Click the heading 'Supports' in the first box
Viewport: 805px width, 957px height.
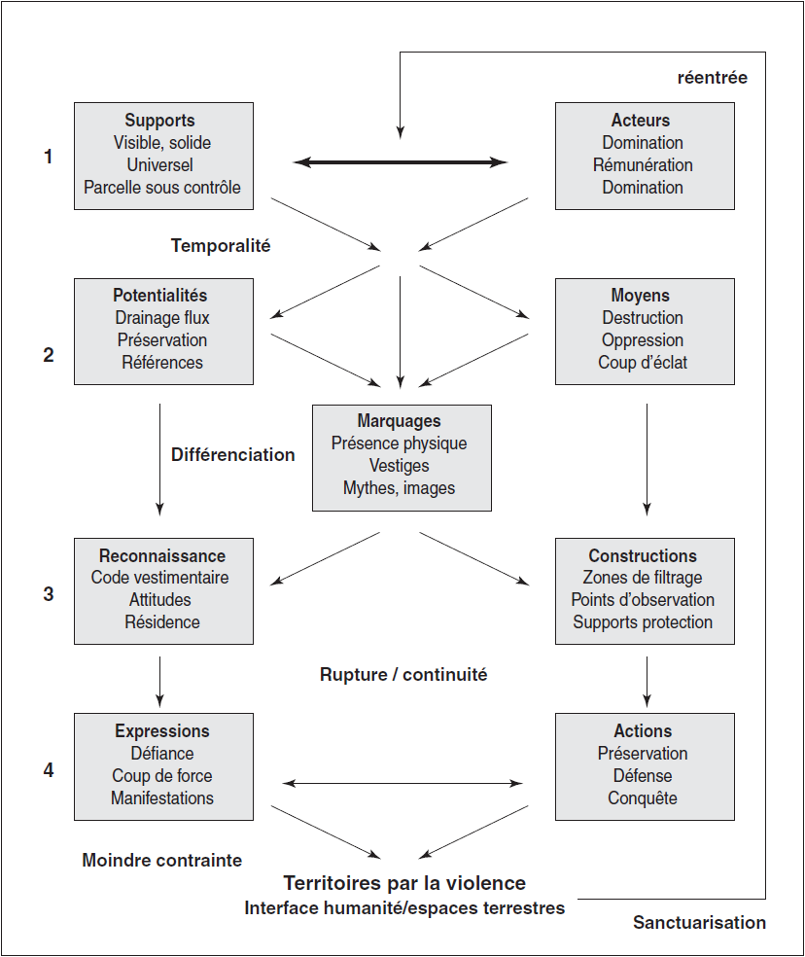[x=159, y=121]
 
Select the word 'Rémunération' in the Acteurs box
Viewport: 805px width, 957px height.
[x=643, y=164]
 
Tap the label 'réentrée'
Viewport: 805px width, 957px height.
[x=713, y=78]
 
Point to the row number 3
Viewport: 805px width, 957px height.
[x=49, y=594]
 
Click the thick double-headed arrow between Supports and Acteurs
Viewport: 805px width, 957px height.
[x=401, y=162]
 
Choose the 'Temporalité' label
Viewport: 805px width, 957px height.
[x=221, y=245]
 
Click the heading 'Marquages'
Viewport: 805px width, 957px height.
[x=400, y=421]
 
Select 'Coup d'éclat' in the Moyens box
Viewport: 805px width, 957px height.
[x=643, y=363]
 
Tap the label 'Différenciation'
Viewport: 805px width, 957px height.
[x=233, y=455]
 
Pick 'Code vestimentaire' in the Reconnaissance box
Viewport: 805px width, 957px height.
[x=159, y=578]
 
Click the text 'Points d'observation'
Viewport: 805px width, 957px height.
[x=643, y=600]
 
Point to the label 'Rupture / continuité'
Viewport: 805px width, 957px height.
[x=403, y=674]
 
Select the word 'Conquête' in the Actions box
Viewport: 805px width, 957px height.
[x=643, y=798]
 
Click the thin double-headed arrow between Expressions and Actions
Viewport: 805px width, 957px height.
[x=403, y=783]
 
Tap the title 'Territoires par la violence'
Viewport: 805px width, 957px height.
[x=404, y=882]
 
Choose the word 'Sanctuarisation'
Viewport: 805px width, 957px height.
[x=699, y=922]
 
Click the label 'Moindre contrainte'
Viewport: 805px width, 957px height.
[x=162, y=860]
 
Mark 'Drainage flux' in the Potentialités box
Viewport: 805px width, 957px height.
[x=162, y=318]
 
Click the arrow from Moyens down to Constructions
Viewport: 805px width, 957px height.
[x=647, y=460]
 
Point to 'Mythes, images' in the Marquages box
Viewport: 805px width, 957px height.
[x=400, y=488]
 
